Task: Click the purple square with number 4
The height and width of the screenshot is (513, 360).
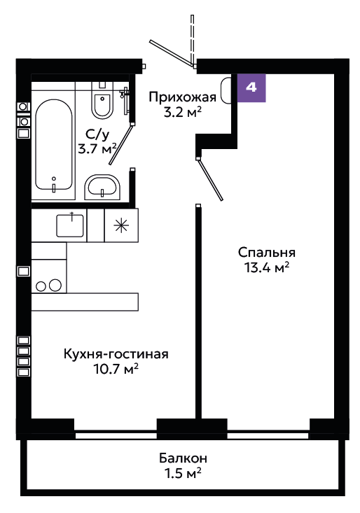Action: tap(251, 87)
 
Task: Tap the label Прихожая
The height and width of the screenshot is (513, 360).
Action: tap(183, 98)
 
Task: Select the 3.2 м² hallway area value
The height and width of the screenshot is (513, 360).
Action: tap(183, 113)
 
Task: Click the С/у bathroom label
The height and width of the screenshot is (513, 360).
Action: tap(97, 134)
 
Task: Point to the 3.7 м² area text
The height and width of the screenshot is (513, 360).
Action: tap(97, 149)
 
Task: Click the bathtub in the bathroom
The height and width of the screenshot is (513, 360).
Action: tap(54, 145)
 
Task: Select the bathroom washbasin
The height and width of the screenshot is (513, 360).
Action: tap(102, 188)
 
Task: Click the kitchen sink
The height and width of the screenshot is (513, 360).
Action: tap(70, 225)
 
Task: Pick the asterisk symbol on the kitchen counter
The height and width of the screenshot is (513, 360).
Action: tap(120, 225)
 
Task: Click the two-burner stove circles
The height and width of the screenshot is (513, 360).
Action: tap(49, 286)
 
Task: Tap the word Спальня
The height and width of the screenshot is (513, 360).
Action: tap(267, 253)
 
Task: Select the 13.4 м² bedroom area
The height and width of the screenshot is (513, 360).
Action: tap(267, 267)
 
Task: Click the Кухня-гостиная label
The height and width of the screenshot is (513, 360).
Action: tap(116, 354)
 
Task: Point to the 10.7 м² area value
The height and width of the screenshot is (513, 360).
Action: tap(116, 369)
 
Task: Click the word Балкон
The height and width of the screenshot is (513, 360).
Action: tap(183, 458)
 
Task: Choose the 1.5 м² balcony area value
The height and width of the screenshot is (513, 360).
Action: tap(183, 473)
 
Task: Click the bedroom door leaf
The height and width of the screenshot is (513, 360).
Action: tap(210, 179)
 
